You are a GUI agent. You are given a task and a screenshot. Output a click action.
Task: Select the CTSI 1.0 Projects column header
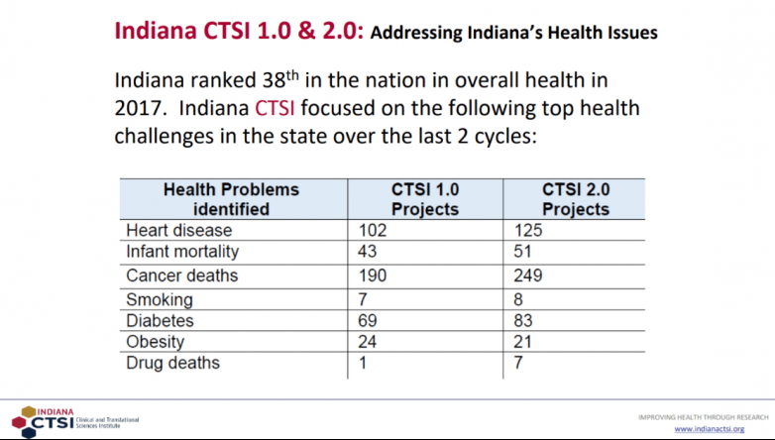coord(425,198)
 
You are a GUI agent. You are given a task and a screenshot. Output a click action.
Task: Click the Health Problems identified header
coord(231,198)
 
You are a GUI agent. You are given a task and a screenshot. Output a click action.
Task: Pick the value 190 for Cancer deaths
coord(373,275)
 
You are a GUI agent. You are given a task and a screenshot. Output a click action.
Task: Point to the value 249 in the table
coord(527,275)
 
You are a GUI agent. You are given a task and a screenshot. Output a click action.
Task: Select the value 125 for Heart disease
coord(527,230)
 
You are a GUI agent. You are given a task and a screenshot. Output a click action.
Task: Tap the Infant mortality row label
coord(182,252)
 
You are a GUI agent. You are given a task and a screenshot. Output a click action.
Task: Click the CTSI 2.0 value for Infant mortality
coord(522,252)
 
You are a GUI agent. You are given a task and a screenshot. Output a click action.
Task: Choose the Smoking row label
coord(160,299)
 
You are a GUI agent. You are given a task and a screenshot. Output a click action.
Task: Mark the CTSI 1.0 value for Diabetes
coord(369,320)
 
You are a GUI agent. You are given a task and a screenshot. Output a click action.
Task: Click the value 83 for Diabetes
coord(522,320)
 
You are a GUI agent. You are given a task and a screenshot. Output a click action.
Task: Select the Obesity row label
coord(157,341)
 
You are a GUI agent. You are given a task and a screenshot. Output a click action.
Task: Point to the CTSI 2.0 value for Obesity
coord(522,341)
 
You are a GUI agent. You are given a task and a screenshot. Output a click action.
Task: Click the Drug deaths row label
coord(172,363)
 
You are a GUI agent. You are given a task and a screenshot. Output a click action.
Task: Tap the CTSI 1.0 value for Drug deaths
coord(364,363)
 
